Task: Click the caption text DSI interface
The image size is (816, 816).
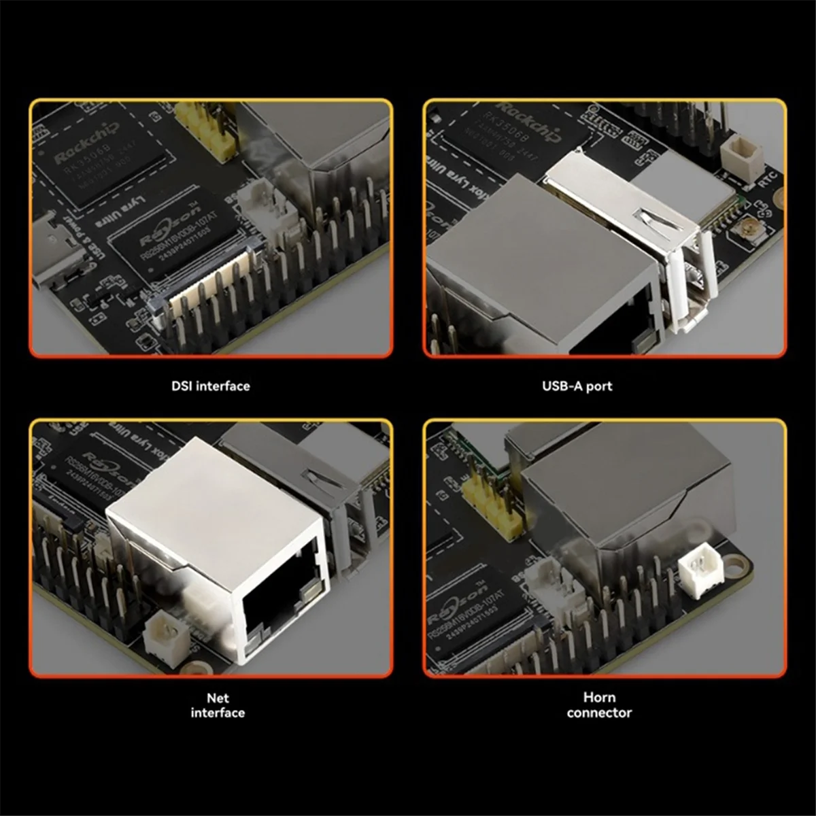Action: pos(210,386)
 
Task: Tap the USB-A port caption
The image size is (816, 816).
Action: pos(577,386)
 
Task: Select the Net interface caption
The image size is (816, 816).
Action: pos(217,705)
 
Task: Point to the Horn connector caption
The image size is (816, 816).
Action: pos(599,705)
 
